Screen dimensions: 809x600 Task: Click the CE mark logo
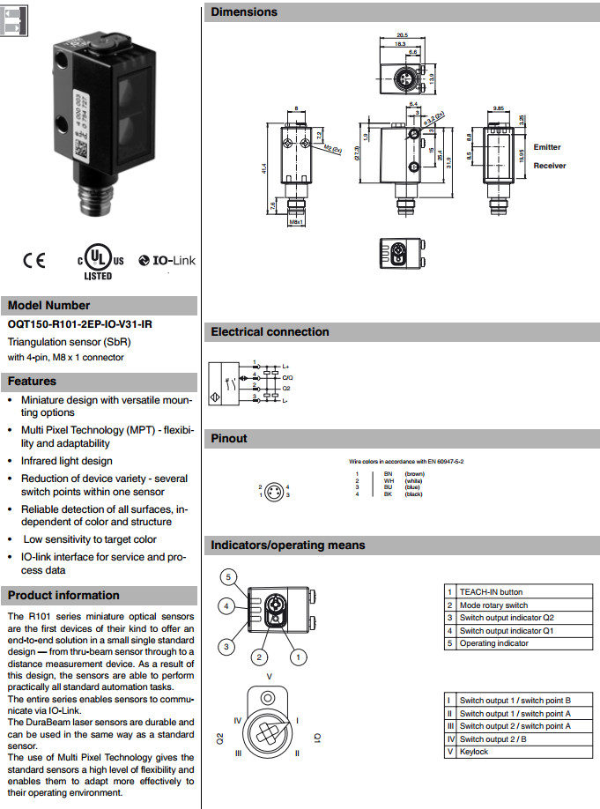coord(33,261)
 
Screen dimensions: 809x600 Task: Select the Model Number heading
coord(49,306)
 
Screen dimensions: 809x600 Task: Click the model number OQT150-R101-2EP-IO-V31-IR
coord(80,325)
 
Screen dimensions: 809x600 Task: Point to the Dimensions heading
coord(244,12)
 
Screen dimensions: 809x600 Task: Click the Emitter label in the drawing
coord(546,147)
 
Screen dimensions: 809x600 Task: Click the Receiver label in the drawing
coord(550,166)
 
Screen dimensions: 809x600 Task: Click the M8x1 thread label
coord(296,221)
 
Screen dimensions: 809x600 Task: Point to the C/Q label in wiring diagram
coord(287,376)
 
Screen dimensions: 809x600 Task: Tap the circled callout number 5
coord(227,577)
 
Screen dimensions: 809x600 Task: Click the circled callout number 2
coord(259,657)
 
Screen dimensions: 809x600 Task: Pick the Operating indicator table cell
coord(494,643)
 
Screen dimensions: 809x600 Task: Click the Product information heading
coord(63,595)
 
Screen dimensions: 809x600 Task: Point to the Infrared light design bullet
coord(67,460)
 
